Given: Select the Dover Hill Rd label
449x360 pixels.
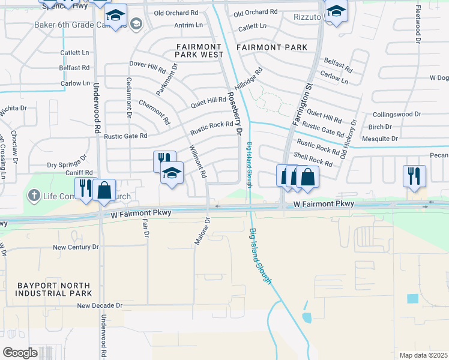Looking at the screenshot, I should (x=147, y=64).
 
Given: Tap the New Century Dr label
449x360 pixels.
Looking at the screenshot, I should (x=76, y=247).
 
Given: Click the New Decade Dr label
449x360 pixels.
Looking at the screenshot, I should (x=100, y=305).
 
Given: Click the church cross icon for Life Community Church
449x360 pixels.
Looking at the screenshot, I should (x=34, y=195).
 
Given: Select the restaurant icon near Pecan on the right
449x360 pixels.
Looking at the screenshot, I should (x=415, y=175).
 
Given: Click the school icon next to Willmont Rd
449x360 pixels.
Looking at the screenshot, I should (x=172, y=173).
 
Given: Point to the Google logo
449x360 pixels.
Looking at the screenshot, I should (x=20, y=352).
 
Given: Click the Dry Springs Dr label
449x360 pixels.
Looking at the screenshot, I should (x=68, y=164).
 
